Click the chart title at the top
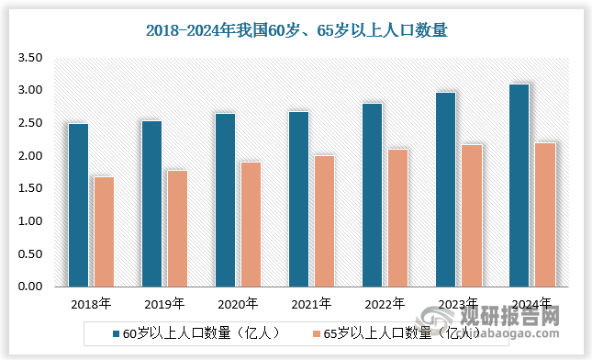point(296,29)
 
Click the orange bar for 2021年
point(324,220)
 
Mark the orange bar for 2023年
point(471,215)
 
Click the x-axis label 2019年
point(164,303)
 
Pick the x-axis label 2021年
point(311,303)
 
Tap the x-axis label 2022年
point(385,303)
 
